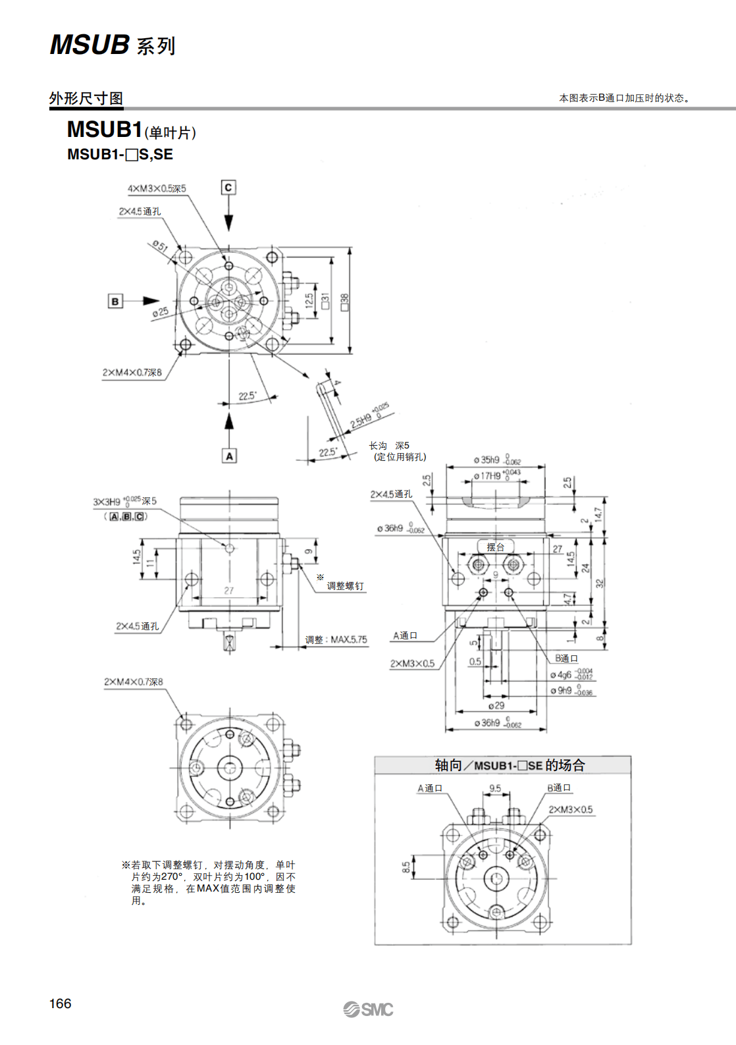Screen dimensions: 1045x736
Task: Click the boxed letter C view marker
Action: point(228,188)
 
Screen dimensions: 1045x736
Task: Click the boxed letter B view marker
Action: point(115,302)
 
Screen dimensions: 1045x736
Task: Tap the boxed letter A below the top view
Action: point(229,456)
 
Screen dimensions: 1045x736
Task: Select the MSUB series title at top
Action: point(113,45)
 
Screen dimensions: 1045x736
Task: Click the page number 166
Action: point(60,1003)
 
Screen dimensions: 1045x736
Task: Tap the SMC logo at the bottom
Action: point(368,1009)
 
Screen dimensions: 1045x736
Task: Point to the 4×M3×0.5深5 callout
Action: point(157,189)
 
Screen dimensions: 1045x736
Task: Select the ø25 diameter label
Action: point(160,311)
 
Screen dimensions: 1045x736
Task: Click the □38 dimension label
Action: point(344,302)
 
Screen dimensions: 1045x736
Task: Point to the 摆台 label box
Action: point(495,547)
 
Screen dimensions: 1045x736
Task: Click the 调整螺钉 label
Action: point(345,586)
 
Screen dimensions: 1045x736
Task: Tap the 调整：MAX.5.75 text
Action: point(336,639)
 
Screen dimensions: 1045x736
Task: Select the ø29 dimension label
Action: point(496,705)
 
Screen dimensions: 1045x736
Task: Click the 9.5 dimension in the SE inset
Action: point(495,788)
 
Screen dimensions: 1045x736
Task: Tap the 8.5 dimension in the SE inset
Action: point(406,867)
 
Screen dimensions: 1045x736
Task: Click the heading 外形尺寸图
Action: point(86,98)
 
